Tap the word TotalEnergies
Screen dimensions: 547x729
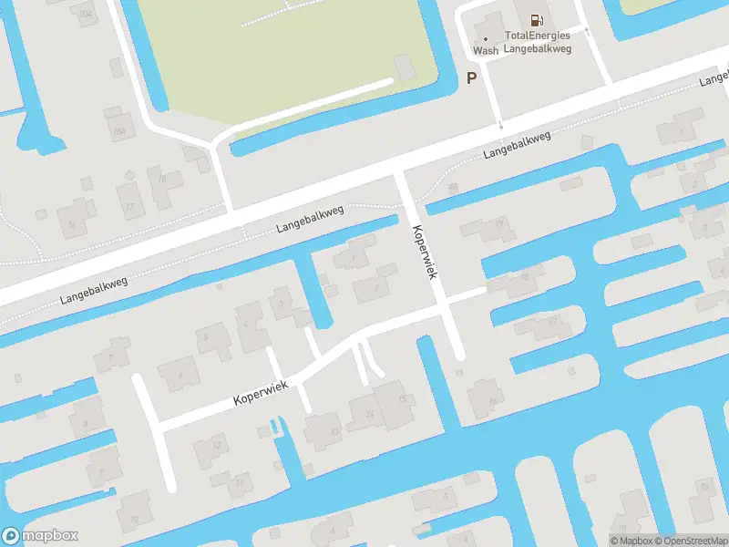tap(538, 36)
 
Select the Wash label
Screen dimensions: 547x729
tap(486, 51)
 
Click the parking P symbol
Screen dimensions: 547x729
tap(471, 78)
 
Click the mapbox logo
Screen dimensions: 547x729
tap(40, 536)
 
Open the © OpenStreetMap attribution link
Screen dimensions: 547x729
tap(690, 541)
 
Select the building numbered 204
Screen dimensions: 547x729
tap(86, 13)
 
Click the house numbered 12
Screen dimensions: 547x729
tap(215, 448)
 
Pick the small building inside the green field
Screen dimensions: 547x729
tap(404, 66)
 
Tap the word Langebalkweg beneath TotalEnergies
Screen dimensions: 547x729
tap(538, 48)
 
